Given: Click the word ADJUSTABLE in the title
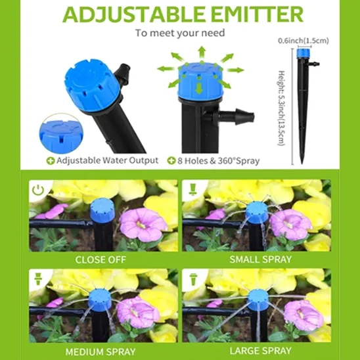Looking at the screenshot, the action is click(133, 14).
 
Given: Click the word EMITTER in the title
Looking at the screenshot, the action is click(257, 14).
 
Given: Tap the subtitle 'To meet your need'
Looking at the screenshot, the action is click(180, 33).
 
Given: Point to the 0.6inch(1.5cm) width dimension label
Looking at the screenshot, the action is click(304, 41).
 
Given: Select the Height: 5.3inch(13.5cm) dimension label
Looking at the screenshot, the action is click(281, 108).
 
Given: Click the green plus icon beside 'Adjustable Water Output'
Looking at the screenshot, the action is click(51, 161).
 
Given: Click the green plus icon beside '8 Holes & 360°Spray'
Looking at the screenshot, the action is click(171, 161).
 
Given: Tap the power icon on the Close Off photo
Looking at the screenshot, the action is click(38, 191).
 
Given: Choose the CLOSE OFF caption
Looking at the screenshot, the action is click(101, 259).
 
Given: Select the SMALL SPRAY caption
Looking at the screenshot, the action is click(261, 259).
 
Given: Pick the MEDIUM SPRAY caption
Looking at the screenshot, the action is click(101, 351).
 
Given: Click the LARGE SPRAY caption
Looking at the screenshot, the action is click(261, 351).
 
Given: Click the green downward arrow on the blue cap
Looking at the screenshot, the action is click(199, 89).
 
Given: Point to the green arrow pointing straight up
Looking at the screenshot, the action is click(202, 52).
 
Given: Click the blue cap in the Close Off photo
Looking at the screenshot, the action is click(102, 210).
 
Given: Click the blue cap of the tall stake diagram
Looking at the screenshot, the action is click(303, 53).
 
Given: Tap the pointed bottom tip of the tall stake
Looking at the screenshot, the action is click(302, 163).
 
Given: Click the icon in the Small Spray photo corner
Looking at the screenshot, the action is click(192, 190).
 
